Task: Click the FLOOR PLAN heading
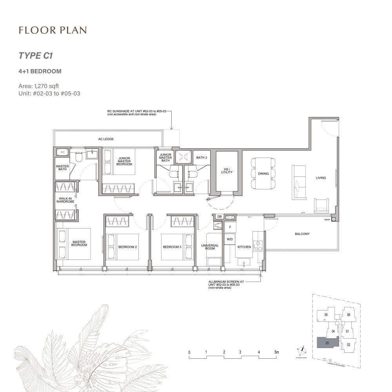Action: pyautogui.click(x=53, y=30)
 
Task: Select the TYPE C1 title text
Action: pyautogui.click(x=36, y=56)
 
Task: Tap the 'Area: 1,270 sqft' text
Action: pyautogui.click(x=39, y=86)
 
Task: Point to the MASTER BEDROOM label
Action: pyautogui.click(x=79, y=243)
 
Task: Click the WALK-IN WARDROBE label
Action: pyautogui.click(x=65, y=200)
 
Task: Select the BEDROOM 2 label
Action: pyautogui.click(x=127, y=247)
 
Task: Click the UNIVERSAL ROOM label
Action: pyautogui.click(x=210, y=247)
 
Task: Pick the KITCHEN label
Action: pyautogui.click(x=244, y=247)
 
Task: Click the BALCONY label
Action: pyautogui.click(x=302, y=234)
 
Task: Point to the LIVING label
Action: pyautogui.click(x=321, y=178)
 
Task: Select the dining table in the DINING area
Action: pyautogui.click(x=263, y=173)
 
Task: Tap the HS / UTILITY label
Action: pyautogui.click(x=227, y=171)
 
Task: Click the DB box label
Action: pyautogui.click(x=219, y=216)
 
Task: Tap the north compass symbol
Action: pyautogui.click(x=302, y=349)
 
